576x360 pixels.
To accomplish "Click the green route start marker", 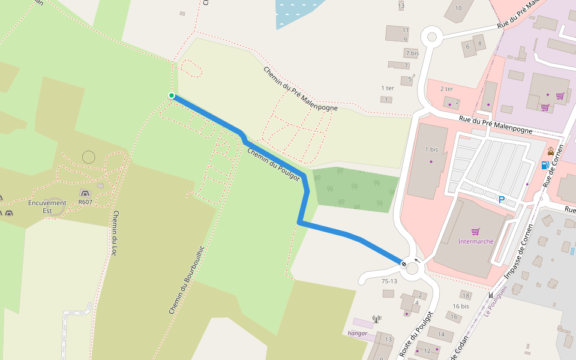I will pyautogui.click(x=172, y=95).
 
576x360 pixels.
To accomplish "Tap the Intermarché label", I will pyautogui.click(x=475, y=241).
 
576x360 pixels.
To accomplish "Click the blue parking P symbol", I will pyautogui.click(x=502, y=200).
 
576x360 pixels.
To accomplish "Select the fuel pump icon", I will pyautogui.click(x=545, y=165).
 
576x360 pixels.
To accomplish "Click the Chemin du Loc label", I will pyautogui.click(x=114, y=233).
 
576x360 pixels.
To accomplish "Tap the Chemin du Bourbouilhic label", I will pyautogui.click(x=187, y=280).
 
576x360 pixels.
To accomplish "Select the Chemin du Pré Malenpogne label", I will pyautogui.click(x=300, y=89).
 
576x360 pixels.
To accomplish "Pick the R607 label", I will pyautogui.click(x=85, y=202).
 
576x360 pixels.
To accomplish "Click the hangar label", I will pyautogui.click(x=357, y=334).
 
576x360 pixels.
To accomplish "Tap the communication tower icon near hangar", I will pyautogui.click(x=376, y=319).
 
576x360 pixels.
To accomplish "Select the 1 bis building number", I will pyautogui.click(x=431, y=149).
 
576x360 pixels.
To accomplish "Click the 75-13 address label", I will pyautogui.click(x=389, y=281).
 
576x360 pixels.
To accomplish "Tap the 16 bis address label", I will pyautogui.click(x=461, y=306).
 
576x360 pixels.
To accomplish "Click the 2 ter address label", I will pyautogui.click(x=447, y=89).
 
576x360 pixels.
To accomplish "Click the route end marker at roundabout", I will pyautogui.click(x=404, y=263).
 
